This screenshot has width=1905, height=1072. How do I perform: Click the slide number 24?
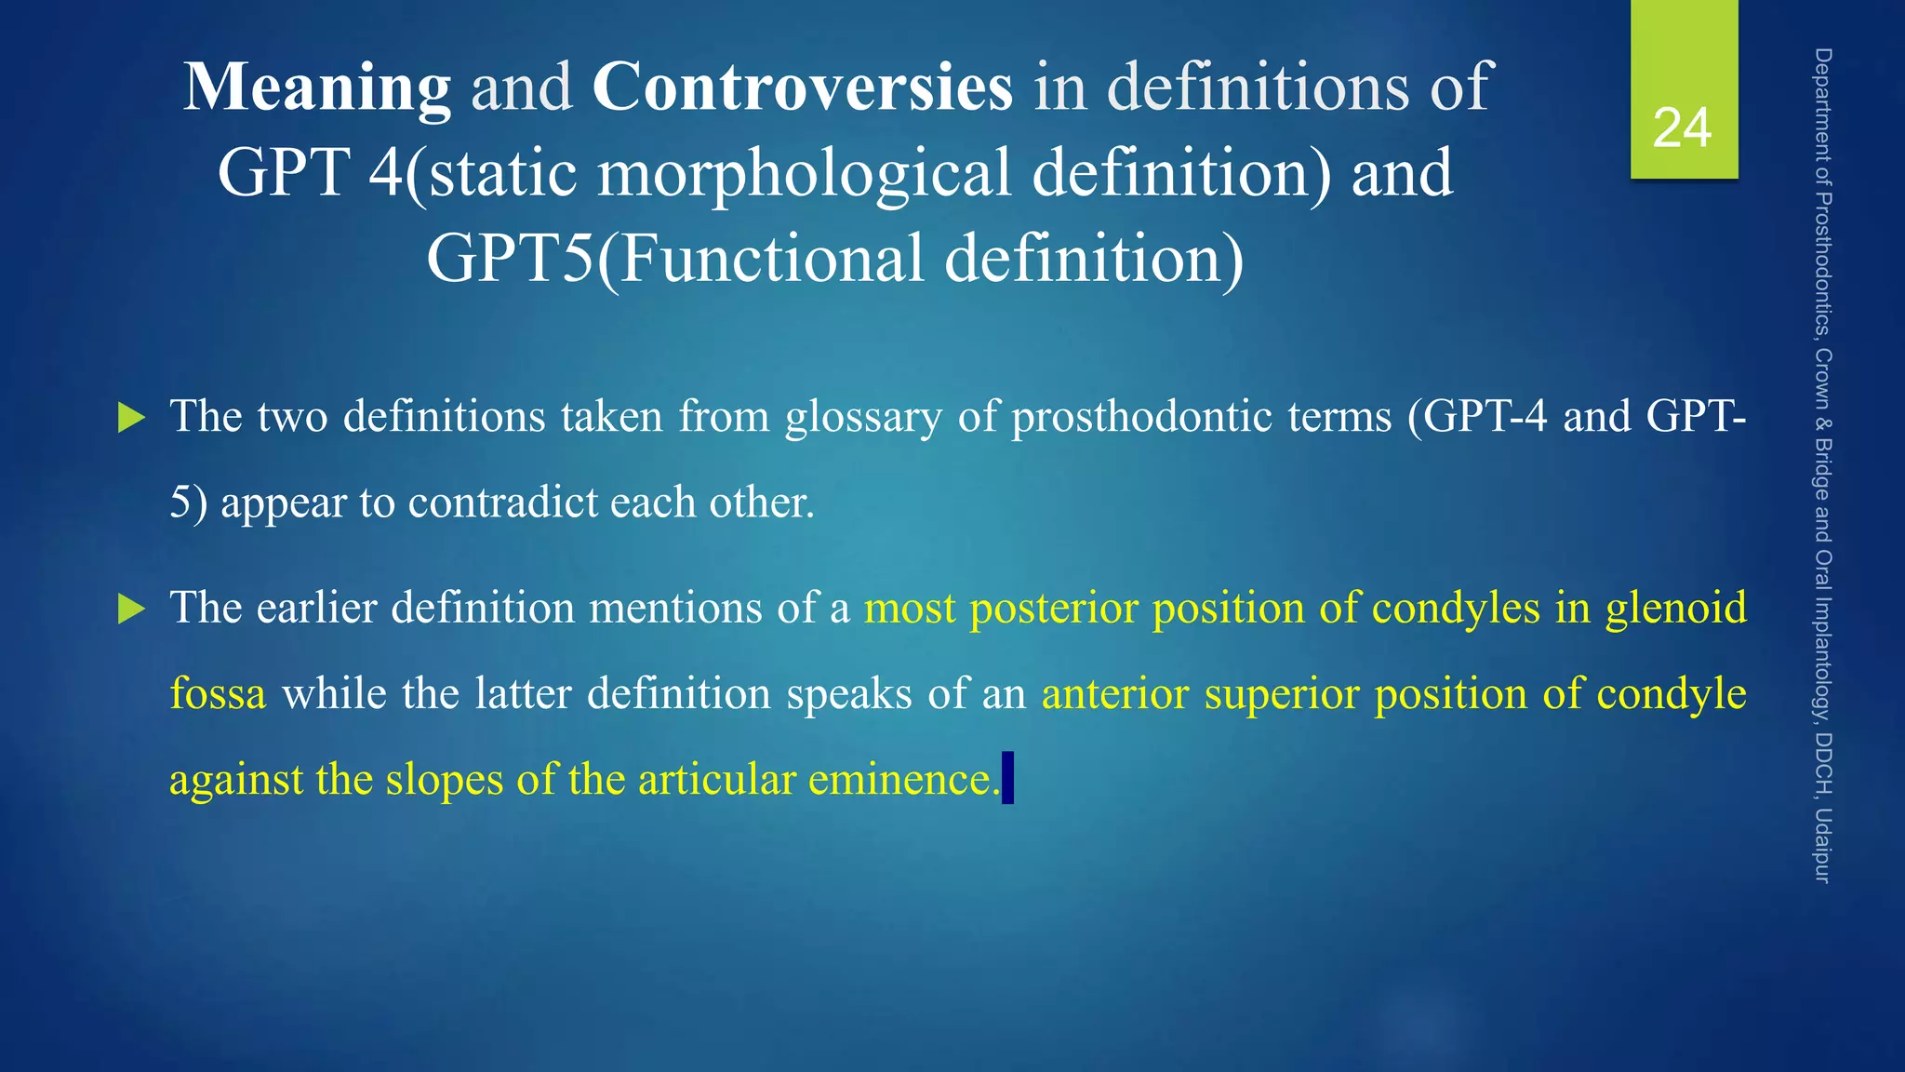[1682, 128]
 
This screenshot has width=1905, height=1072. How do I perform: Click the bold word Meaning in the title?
[317, 87]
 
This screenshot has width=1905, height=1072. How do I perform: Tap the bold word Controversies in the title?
[802, 87]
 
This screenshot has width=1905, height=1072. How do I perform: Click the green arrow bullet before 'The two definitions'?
[132, 418]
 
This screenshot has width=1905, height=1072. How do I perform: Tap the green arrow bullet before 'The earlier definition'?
[132, 610]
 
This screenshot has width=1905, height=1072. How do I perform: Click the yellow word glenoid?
[1676, 609]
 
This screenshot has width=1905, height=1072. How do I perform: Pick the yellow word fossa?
[218, 694]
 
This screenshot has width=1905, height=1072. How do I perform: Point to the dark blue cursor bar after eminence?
[1007, 778]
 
